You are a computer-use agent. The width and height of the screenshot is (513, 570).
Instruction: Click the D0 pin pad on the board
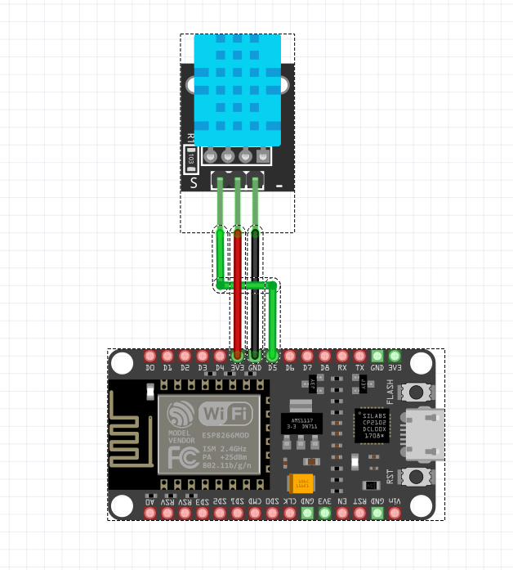point(149,357)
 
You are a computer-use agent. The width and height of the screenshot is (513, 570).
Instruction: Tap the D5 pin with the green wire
point(272,357)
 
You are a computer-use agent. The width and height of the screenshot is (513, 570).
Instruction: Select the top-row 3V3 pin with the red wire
point(237,357)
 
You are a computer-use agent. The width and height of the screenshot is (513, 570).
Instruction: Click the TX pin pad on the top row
point(359,357)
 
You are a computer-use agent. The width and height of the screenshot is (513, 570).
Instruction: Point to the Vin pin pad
point(395,513)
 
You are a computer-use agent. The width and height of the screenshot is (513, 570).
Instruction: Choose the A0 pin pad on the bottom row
point(149,513)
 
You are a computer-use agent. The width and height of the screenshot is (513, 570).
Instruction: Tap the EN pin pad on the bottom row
point(342,513)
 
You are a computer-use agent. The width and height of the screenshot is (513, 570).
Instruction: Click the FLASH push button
point(419,393)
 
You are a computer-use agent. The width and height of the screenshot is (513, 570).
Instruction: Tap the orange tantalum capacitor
point(303,484)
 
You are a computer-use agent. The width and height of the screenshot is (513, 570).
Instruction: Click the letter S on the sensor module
point(194,183)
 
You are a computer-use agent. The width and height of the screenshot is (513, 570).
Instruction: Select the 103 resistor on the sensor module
point(190,159)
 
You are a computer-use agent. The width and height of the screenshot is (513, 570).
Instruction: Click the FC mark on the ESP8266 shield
point(180,459)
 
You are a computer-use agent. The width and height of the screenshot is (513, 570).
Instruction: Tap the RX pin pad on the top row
point(342,357)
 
